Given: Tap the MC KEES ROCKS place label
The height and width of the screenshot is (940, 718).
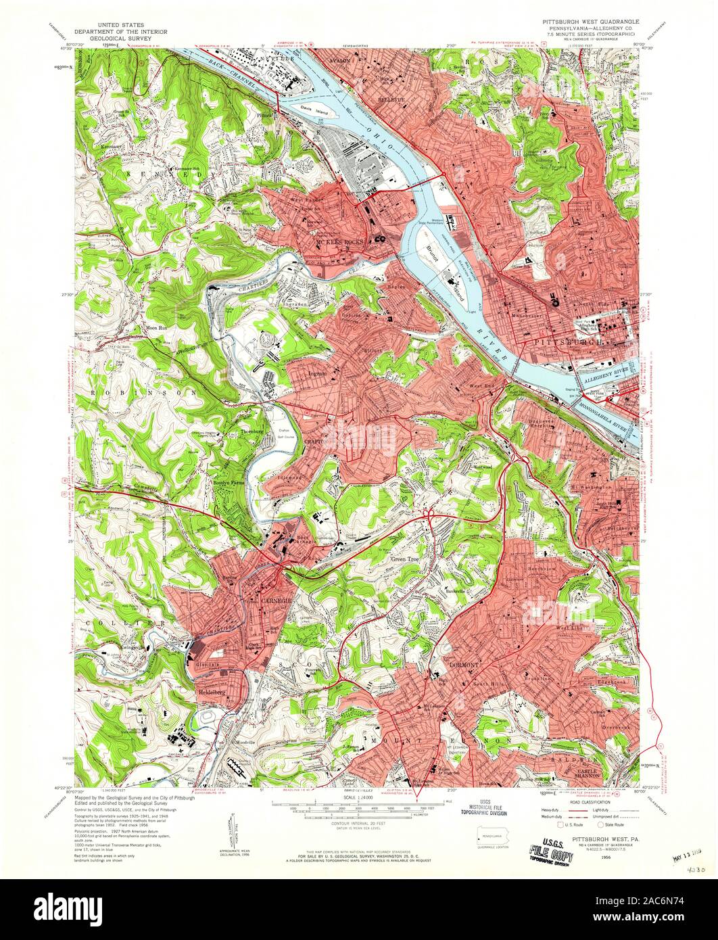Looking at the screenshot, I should [x=339, y=241].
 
